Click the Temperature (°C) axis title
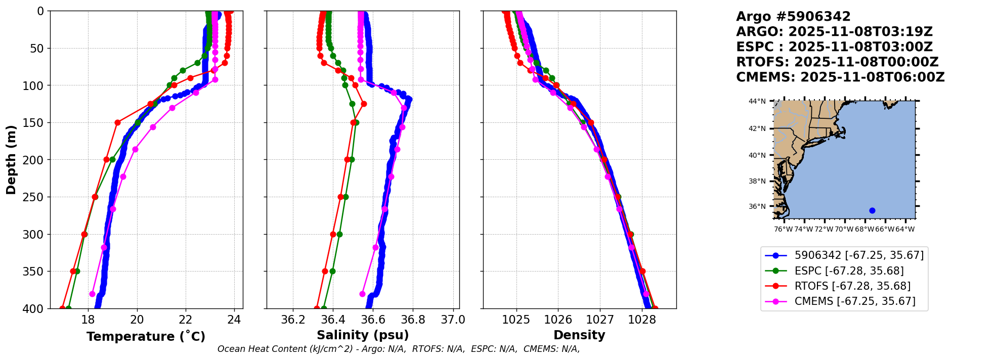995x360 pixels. (x=146, y=337)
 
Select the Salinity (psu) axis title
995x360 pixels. (x=363, y=335)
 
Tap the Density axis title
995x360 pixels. (x=579, y=335)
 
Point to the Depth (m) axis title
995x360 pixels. (x=11, y=160)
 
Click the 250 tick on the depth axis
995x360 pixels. (x=35, y=197)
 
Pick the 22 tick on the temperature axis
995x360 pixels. (x=186, y=320)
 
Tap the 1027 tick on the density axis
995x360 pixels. (x=600, y=320)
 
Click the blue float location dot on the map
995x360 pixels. (x=872, y=210)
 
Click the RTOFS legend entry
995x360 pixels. (x=852, y=286)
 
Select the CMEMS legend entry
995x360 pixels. (x=855, y=301)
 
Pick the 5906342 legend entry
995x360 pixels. (x=859, y=255)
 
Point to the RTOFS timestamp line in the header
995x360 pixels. (x=837, y=62)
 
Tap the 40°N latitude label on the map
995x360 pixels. (x=757, y=155)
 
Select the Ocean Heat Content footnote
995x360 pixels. (x=399, y=349)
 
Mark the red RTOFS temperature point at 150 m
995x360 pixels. (x=117, y=122)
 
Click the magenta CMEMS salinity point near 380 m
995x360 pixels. (x=362, y=294)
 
